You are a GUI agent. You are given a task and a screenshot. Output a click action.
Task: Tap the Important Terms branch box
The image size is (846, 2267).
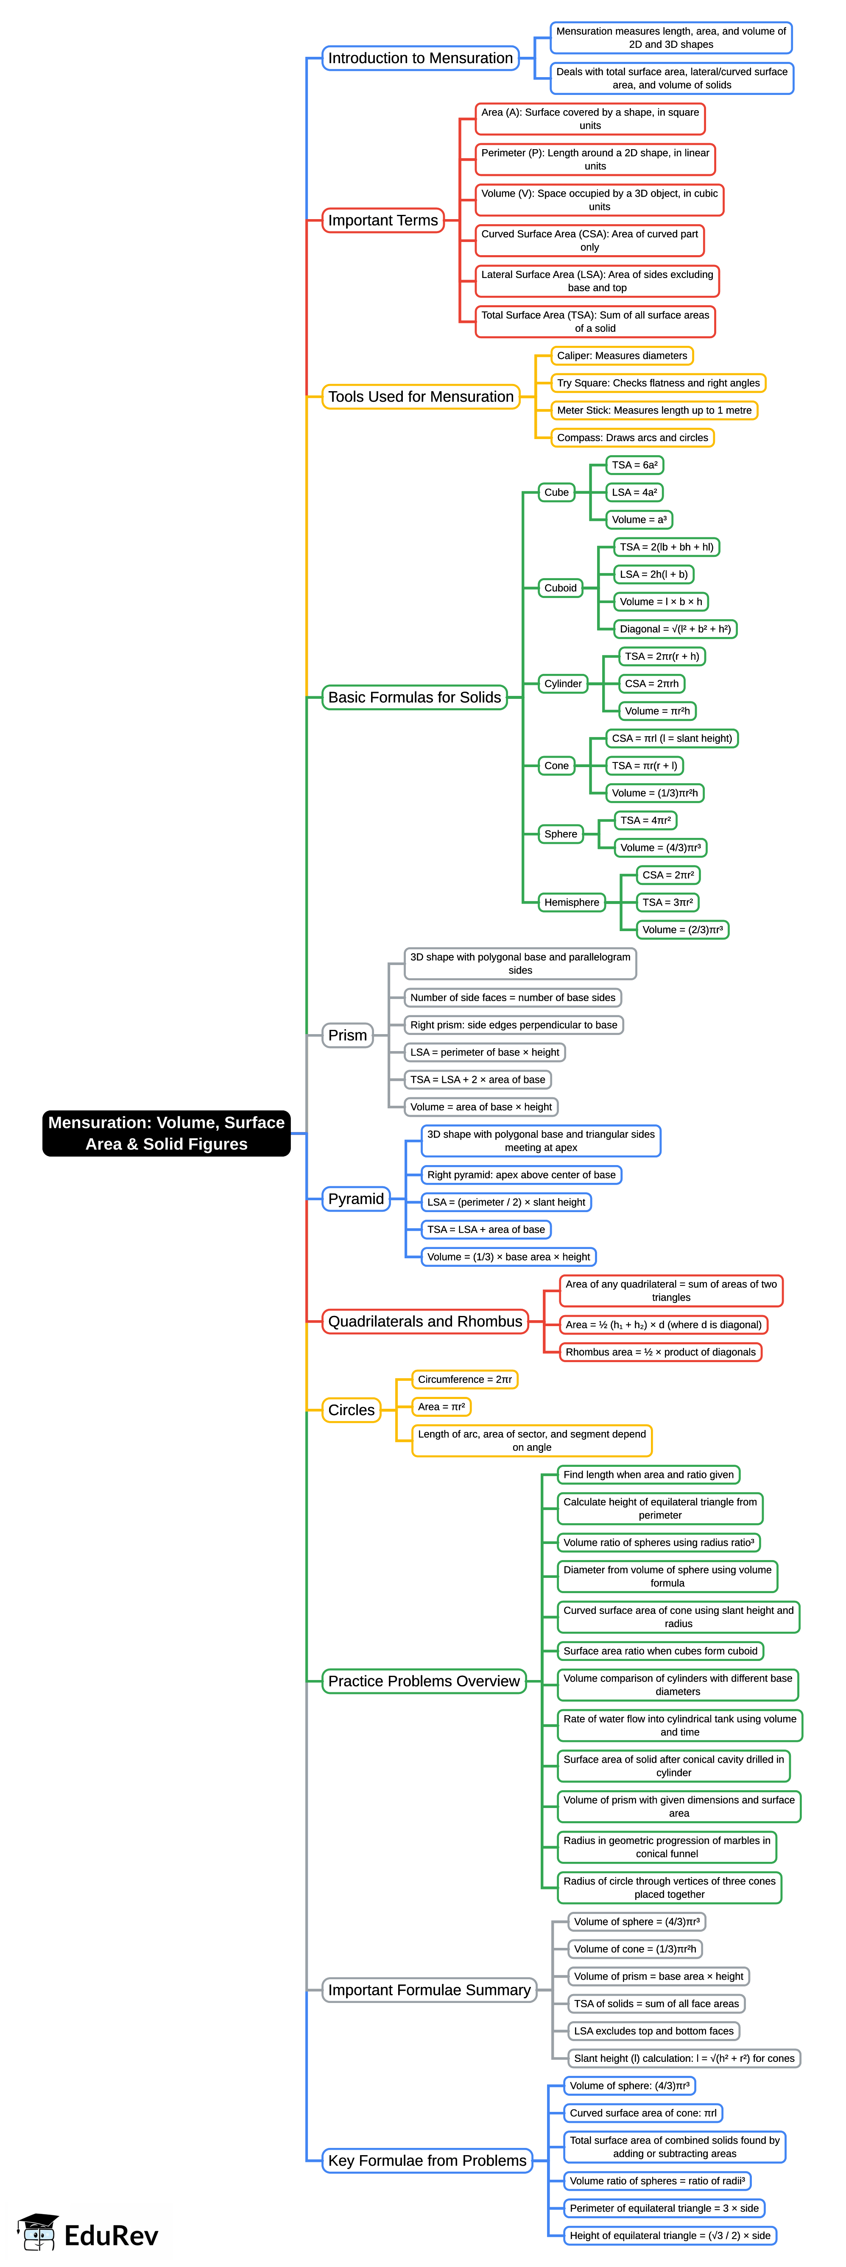tap(383, 220)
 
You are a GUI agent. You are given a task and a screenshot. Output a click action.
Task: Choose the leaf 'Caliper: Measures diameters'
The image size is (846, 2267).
tap(622, 356)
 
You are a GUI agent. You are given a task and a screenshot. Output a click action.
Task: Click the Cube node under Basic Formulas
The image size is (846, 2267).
tap(556, 492)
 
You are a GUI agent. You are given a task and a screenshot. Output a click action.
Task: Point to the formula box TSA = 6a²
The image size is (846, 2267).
tap(635, 465)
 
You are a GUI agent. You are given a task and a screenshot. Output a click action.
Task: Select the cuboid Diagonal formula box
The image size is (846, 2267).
tap(674, 629)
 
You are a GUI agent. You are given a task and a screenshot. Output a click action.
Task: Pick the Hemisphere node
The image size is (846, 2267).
tap(571, 902)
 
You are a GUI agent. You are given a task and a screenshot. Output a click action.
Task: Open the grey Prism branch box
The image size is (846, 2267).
tap(348, 1035)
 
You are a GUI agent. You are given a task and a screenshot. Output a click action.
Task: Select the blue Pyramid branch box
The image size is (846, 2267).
tap(356, 1199)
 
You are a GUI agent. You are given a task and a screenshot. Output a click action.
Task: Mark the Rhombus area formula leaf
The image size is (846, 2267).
tap(660, 1352)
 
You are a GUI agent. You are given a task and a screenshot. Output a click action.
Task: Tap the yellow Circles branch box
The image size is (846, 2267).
tap(351, 1410)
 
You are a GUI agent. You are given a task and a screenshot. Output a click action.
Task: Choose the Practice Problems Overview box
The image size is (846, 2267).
tap(424, 1681)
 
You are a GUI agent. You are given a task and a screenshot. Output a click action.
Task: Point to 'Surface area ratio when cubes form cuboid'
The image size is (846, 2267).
tap(660, 1651)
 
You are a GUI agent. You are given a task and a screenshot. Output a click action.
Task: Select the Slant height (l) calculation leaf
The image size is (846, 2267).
tap(684, 2058)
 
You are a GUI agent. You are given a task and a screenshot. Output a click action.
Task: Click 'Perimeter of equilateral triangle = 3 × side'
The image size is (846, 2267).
tap(664, 2208)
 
